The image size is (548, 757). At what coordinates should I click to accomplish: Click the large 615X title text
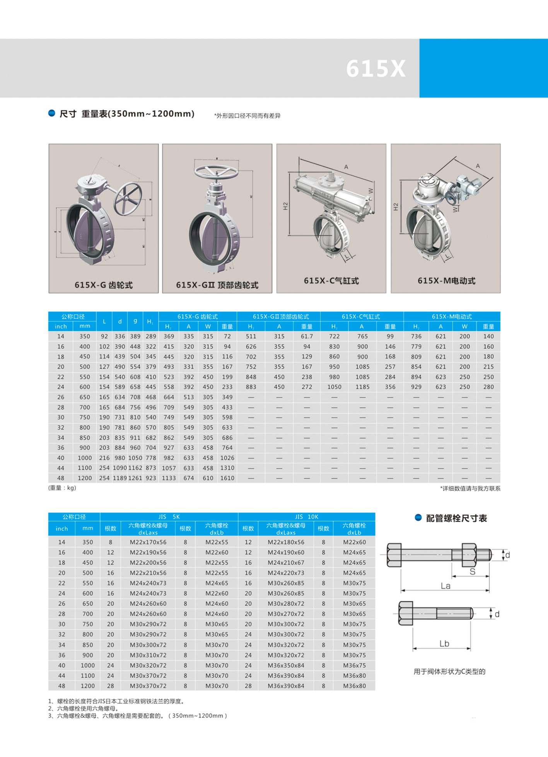pos(376,69)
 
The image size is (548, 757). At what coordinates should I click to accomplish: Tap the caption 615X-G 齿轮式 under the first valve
pos(103,285)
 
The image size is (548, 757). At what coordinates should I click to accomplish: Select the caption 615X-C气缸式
pos(331,281)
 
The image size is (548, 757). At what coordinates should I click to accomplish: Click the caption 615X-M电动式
pos(446,281)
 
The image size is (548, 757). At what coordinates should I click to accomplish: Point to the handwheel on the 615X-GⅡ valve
pos(216,172)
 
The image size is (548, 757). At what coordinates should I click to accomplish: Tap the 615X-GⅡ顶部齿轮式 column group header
pos(281,316)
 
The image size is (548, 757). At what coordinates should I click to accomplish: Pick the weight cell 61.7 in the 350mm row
pos(307,337)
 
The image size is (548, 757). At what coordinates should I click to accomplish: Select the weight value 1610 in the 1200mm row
pos(227,478)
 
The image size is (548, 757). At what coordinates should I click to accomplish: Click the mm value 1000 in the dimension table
pos(85,458)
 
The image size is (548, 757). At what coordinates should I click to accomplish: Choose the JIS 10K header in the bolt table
pos(306,517)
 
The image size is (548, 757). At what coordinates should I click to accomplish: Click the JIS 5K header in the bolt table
pos(169,517)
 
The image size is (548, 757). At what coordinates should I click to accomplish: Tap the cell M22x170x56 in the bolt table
pos(148,542)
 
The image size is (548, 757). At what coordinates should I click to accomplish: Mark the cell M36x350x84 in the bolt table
pos(286,665)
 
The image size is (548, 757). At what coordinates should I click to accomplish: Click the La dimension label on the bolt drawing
pos(446,586)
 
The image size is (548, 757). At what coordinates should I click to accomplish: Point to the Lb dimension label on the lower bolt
pos(444,644)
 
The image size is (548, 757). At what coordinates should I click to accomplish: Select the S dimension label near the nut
pos(472,572)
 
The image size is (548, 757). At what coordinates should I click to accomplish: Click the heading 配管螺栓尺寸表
pos(456,519)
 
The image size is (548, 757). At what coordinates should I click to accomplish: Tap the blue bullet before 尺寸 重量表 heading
pos(51,113)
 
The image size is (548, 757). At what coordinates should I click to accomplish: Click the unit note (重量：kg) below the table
pos(62,488)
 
